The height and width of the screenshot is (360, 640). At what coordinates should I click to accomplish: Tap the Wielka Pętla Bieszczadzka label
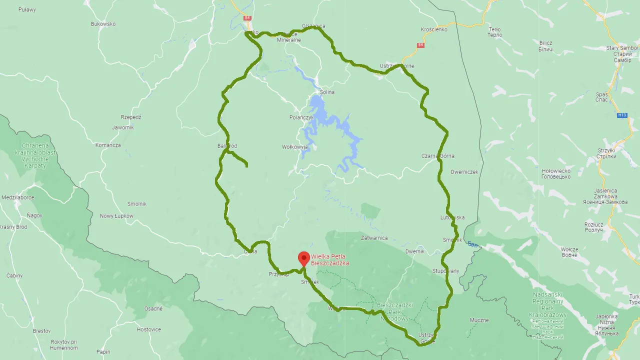330,260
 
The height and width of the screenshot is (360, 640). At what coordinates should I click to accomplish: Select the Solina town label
327,92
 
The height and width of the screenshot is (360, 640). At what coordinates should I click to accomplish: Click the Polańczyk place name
301,117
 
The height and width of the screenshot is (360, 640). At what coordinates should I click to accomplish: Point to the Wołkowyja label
294,147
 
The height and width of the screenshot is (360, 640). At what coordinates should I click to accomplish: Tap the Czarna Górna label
437,156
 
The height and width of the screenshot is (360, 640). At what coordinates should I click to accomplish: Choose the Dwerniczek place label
464,172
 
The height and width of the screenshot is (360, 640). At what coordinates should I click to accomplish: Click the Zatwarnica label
374,238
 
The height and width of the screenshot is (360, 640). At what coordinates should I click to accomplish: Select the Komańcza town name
108,145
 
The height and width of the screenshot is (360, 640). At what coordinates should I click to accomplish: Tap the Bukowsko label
103,24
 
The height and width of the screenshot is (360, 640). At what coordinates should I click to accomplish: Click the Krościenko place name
434,29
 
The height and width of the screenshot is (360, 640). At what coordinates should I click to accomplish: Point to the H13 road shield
621,115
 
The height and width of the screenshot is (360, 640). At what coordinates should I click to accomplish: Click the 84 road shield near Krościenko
420,45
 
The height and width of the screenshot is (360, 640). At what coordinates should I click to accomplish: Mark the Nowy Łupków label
116,216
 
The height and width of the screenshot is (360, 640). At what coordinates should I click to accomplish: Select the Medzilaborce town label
17,197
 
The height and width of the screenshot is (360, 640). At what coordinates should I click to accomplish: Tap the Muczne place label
479,320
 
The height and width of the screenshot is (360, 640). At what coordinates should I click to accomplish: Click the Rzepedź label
131,117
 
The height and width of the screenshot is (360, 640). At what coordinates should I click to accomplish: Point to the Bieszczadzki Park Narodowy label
394,311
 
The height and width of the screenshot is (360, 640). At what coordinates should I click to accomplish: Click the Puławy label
27,9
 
